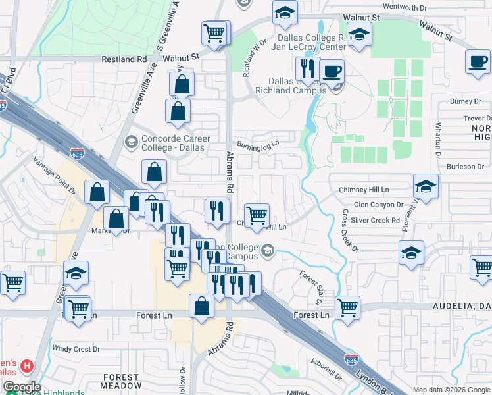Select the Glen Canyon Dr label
pyautogui.click(x=378, y=205)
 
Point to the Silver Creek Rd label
pyautogui.click(x=375, y=220)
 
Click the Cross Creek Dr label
pyautogui.click(x=349, y=230)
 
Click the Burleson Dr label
pyautogui.click(x=465, y=167)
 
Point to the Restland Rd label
pyautogui.click(x=124, y=59)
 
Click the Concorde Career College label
pyautogui.click(x=176, y=143)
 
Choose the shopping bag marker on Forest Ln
pyautogui.click(x=201, y=307)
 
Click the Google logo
pyautogui.click(x=21, y=387)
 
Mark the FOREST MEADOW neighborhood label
pyautogui.click(x=121, y=381)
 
